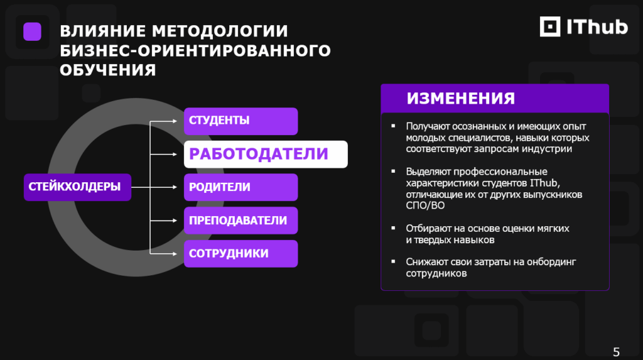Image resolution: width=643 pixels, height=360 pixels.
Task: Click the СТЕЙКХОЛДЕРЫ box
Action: (77, 187)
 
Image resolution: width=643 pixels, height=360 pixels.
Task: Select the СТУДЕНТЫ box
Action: (240, 121)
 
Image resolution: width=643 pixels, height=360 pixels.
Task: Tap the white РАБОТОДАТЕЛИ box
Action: (266, 155)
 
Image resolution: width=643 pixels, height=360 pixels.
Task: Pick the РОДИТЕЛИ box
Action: (240, 187)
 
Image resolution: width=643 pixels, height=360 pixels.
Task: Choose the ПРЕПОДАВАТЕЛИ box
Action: (240, 221)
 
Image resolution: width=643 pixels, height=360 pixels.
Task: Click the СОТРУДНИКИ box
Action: (240, 254)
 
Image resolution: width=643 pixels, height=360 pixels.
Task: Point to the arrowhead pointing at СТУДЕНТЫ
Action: (175, 121)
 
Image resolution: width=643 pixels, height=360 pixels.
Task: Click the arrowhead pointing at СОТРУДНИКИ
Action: (175, 254)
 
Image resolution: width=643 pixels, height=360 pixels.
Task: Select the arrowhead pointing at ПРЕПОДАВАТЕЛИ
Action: (175, 221)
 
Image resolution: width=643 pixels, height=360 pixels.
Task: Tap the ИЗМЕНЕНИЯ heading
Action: (460, 99)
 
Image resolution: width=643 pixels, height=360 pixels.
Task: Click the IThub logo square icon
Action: (550, 26)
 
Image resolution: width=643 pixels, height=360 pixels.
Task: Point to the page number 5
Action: (616, 352)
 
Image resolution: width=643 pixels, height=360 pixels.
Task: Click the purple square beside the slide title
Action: (33, 31)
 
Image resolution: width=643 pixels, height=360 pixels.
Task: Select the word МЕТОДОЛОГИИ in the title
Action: (220, 31)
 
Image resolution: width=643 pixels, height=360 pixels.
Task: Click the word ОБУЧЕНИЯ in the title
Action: (108, 70)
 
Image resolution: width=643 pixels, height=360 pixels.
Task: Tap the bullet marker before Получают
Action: (393, 126)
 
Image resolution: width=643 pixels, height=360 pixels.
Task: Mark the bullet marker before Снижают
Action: (393, 261)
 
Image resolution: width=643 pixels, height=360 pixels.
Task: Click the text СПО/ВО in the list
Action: (425, 205)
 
